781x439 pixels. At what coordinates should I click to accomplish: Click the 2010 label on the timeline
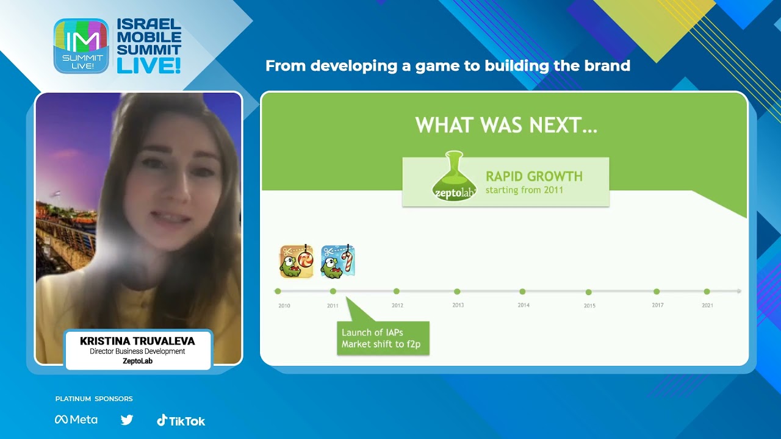click(x=284, y=305)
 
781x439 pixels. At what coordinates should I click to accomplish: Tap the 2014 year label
click(x=524, y=305)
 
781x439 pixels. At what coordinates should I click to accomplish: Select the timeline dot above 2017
click(x=657, y=291)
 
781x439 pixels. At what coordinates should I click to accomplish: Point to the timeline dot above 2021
click(x=707, y=291)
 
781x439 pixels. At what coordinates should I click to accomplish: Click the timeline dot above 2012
click(x=397, y=291)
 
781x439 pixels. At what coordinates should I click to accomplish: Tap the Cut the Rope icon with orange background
click(x=297, y=262)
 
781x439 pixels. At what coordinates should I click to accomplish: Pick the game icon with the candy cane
click(x=338, y=262)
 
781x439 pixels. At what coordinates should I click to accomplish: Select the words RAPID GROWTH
click(x=534, y=177)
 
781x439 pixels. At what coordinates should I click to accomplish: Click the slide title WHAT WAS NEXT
click(x=506, y=126)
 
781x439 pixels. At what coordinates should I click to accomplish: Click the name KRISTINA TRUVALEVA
click(x=138, y=341)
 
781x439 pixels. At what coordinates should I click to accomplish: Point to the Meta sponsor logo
click(x=76, y=419)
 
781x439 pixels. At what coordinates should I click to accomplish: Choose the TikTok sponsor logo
click(x=181, y=420)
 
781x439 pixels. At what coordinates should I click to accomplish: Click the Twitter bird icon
click(x=127, y=419)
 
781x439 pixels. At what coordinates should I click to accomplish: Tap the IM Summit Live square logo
click(x=81, y=46)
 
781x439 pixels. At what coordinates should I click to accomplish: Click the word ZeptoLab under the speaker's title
click(x=138, y=361)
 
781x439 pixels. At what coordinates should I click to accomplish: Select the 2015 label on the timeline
click(x=589, y=305)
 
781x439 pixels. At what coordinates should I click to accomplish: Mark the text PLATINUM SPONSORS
click(x=94, y=399)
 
